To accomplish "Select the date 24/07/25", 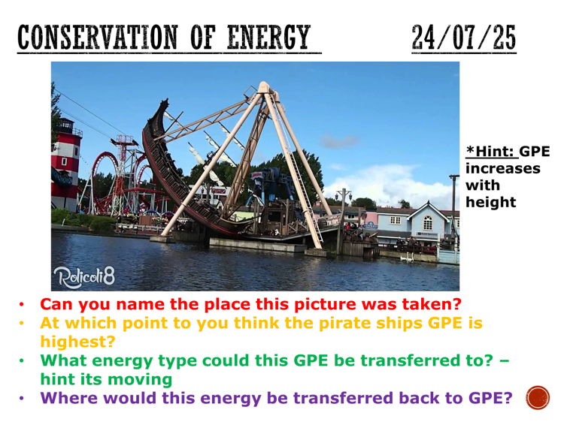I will pos(464,38).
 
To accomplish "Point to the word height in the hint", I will pos(490,202).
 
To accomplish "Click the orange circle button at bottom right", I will pos(538,398).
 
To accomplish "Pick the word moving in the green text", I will pos(144,379).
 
